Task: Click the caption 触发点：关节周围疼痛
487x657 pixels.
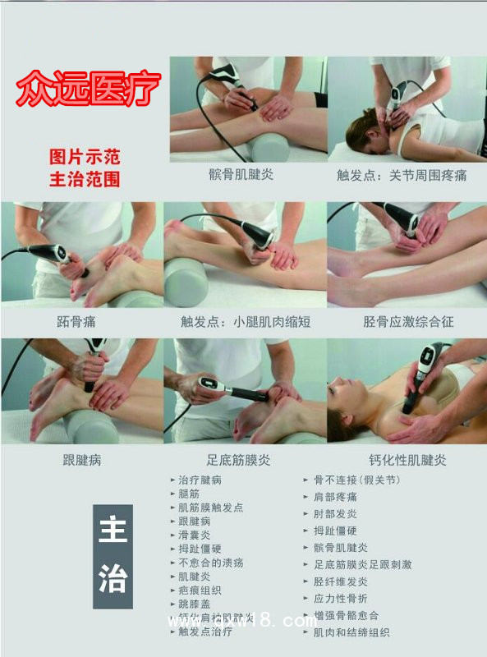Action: [x=402, y=176]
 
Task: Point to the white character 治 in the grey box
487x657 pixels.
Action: [x=113, y=580]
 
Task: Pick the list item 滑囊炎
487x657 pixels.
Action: [x=195, y=535]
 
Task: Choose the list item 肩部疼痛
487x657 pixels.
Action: [x=335, y=497]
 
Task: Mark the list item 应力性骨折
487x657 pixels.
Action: [x=341, y=599]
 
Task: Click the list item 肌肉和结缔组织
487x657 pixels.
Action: [x=351, y=632]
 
